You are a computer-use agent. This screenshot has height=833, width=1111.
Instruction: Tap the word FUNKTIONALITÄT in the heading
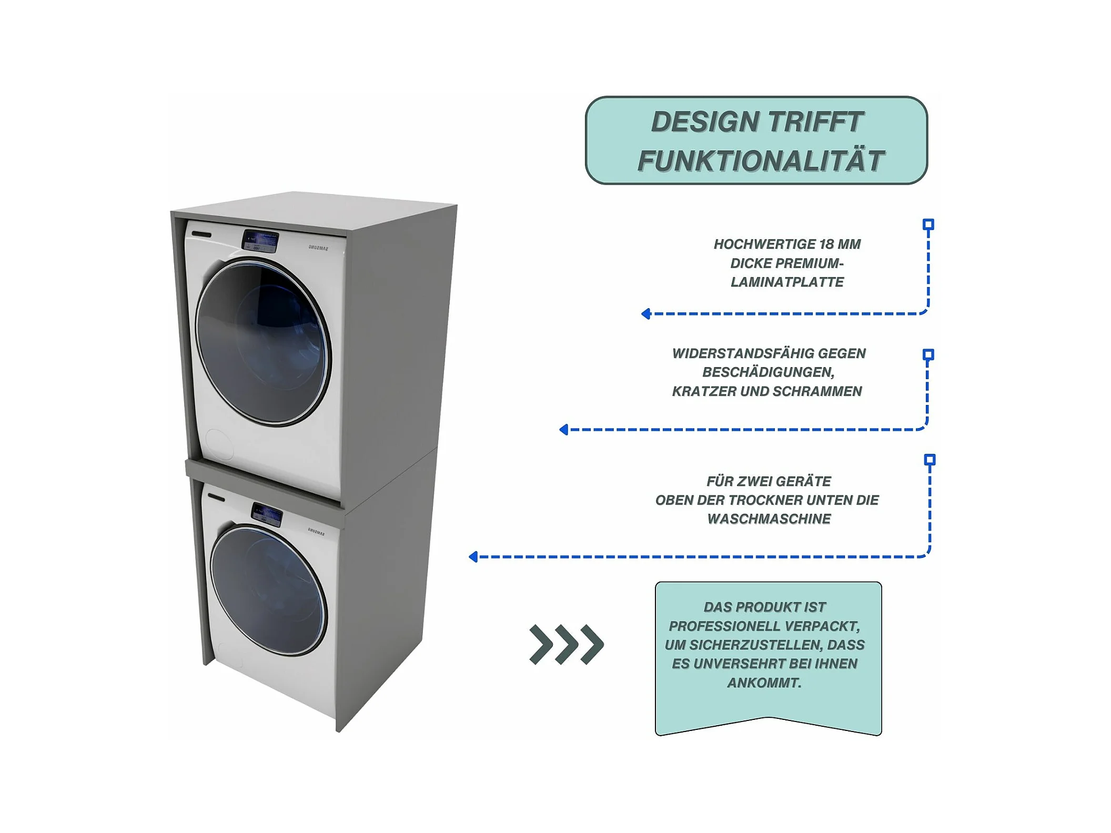(x=760, y=161)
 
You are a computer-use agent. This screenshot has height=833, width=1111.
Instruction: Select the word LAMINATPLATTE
(x=787, y=282)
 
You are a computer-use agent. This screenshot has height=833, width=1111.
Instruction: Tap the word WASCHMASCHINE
(x=769, y=519)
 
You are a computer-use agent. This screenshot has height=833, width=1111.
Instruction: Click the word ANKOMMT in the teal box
(x=764, y=683)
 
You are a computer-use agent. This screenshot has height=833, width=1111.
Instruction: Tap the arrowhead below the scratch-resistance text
(x=564, y=430)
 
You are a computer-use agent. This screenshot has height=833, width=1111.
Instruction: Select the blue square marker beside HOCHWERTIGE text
(x=928, y=225)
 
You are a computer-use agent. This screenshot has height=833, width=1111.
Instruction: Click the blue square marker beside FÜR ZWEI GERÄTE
(x=930, y=460)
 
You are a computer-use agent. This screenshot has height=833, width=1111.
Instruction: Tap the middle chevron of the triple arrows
(x=567, y=644)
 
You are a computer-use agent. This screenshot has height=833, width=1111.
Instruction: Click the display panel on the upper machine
(x=260, y=241)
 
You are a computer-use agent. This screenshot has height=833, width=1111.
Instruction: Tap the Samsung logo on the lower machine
(x=316, y=531)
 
